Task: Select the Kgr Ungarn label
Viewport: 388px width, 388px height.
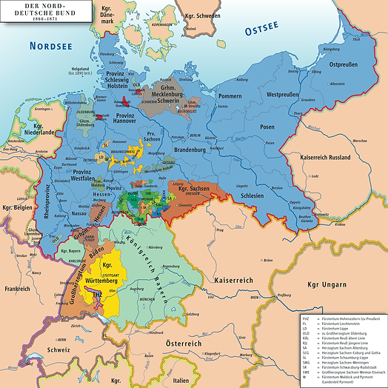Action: pos(349,286)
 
